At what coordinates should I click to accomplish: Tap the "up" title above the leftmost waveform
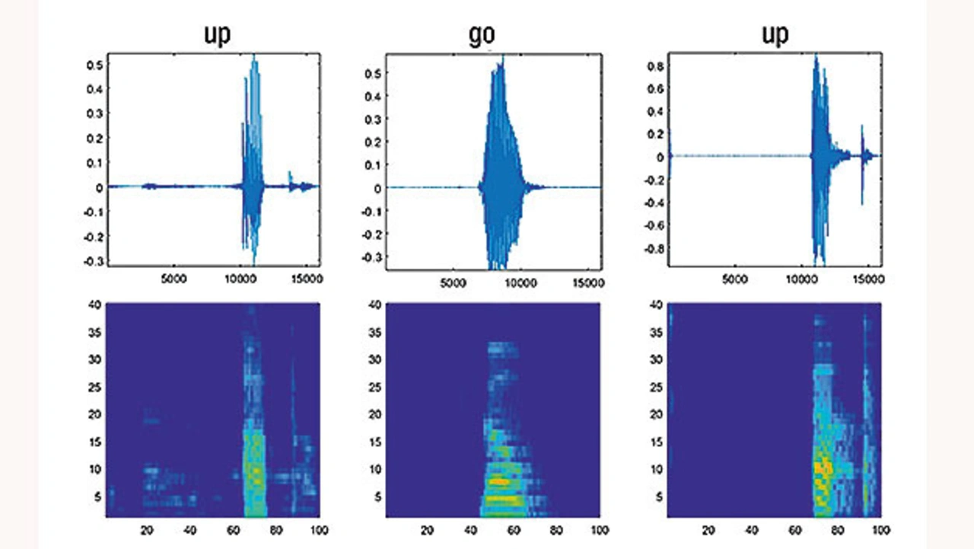(x=218, y=36)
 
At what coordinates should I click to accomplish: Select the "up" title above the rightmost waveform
(x=775, y=36)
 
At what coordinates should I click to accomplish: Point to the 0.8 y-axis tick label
(x=654, y=65)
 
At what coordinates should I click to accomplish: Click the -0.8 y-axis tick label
(x=652, y=248)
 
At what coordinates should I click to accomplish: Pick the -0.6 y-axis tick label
(x=652, y=225)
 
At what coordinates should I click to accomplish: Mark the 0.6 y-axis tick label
(x=654, y=88)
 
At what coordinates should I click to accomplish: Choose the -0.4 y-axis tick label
(x=652, y=203)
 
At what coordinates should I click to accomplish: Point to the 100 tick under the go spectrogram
(x=600, y=529)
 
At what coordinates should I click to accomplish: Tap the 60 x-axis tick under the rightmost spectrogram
(x=794, y=529)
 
